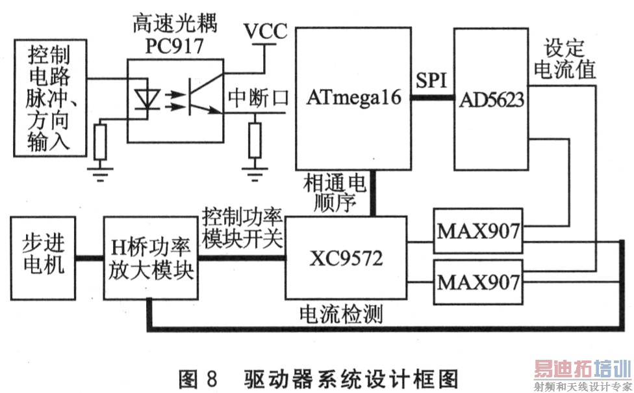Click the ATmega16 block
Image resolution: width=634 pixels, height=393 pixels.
(354, 98)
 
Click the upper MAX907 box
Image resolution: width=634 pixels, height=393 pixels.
(479, 230)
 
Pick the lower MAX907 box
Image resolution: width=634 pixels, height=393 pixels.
(479, 282)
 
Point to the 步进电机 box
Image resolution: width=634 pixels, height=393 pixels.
(44, 258)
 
